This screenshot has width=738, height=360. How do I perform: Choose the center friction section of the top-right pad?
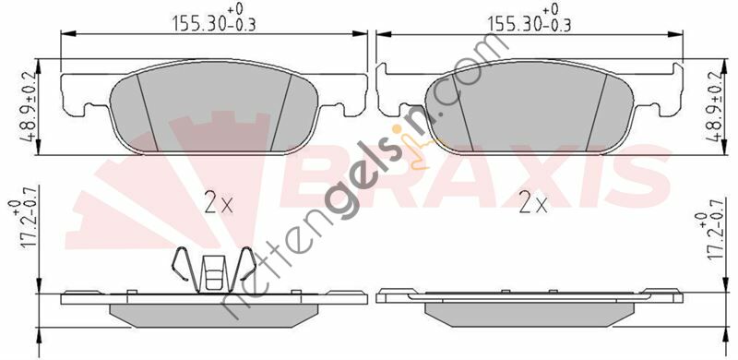click(x=532, y=111)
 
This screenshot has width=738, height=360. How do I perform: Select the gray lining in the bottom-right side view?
click(x=532, y=312)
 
